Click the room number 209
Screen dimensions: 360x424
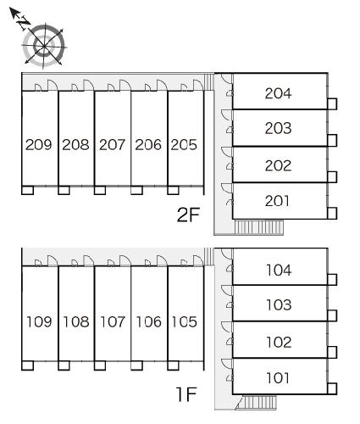(39, 145)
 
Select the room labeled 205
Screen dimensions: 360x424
(184, 145)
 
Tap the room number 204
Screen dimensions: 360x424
(278, 93)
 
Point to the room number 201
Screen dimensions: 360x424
(277, 201)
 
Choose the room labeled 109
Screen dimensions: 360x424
(39, 321)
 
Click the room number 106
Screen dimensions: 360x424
(149, 321)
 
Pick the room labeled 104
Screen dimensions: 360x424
(279, 271)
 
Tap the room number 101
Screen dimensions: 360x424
(278, 378)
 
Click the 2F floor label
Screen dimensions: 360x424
(188, 215)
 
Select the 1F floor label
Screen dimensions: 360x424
(186, 394)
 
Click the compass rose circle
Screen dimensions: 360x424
(43, 46)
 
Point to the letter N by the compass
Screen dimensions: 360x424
(24, 22)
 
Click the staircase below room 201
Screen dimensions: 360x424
(259, 227)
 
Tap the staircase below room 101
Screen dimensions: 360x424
(257, 402)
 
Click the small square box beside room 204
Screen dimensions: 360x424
(332, 103)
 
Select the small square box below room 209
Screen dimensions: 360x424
(27, 190)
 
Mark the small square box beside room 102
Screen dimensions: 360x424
(332, 352)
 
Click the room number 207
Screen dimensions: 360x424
(112, 145)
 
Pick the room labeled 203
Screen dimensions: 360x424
(278, 128)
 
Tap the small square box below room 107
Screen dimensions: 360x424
(100, 365)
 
